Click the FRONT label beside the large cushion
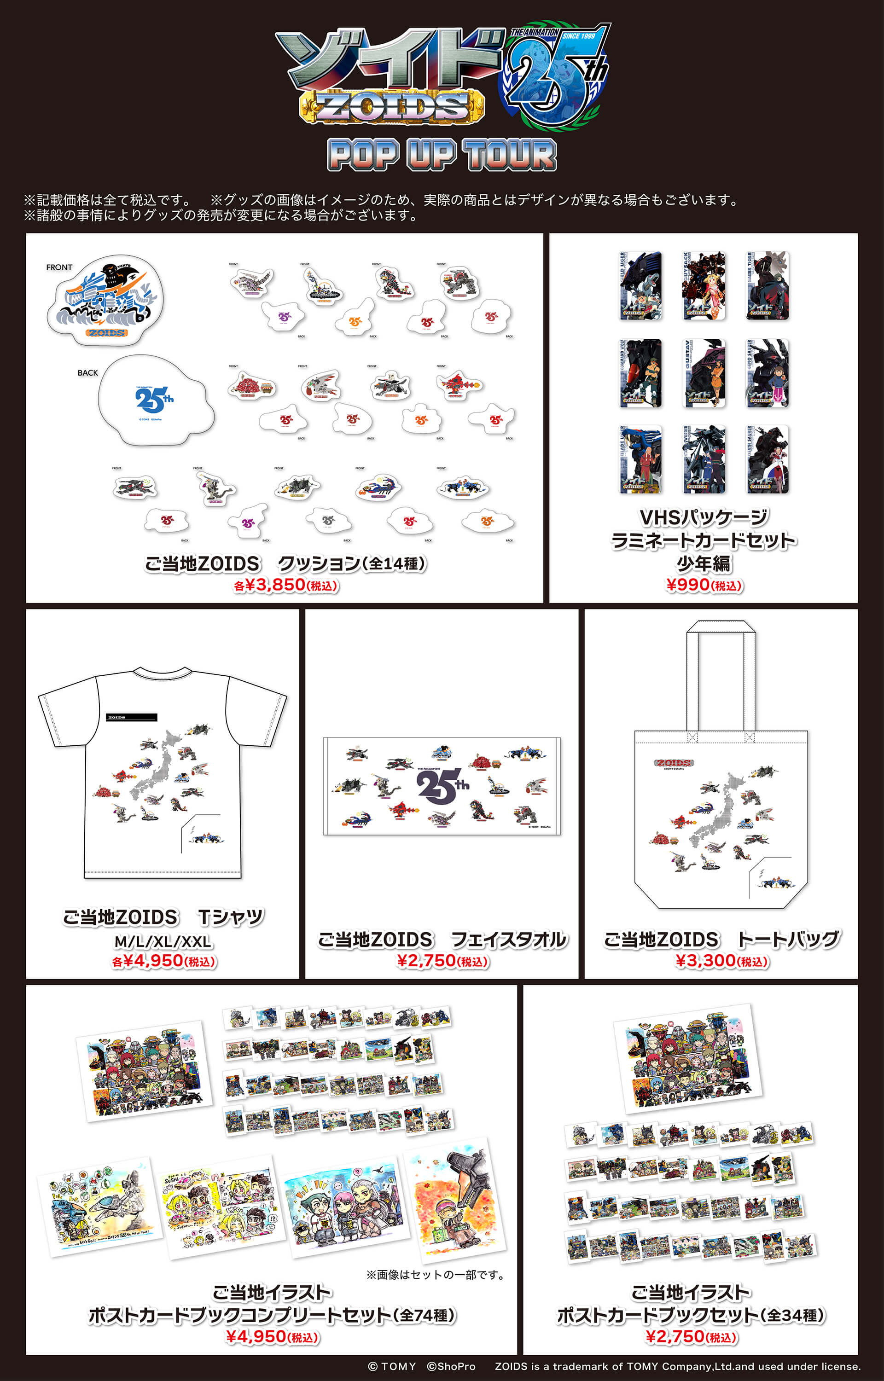(59, 267)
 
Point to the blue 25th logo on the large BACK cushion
(154, 400)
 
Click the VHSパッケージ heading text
(704, 517)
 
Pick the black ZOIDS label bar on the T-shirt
(132, 717)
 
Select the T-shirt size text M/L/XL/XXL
(163, 941)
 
